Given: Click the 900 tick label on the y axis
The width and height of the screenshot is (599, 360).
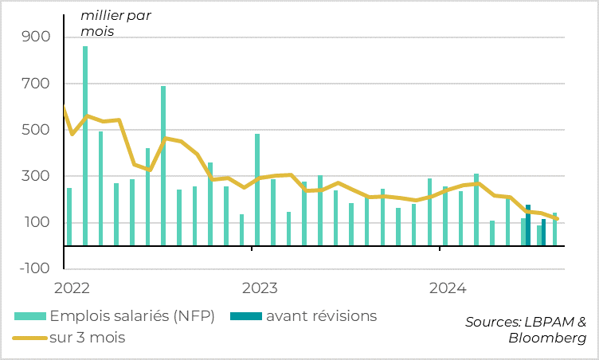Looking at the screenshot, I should pos(37,37).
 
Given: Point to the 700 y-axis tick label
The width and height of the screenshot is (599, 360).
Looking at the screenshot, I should pos(37,84).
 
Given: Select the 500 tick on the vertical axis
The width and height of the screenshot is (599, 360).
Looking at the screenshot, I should pos(37,130).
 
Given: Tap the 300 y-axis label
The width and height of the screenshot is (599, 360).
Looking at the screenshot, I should pos(37,176).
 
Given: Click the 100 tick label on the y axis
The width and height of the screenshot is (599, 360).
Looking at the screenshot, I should pos(37,222).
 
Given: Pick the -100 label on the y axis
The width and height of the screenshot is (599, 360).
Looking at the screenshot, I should pos(33,268).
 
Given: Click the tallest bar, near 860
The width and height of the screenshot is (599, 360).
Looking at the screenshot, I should pos(85,146).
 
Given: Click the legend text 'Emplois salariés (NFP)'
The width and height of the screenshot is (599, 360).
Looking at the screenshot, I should pos(132,316).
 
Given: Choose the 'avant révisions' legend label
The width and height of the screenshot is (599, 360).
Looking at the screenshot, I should pos(321,316).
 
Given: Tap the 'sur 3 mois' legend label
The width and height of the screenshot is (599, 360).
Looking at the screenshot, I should pos(88,338).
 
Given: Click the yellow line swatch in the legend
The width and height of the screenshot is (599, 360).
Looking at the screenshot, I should pos(29,338).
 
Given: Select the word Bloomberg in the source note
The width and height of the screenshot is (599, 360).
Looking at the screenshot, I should pos(547,338).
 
